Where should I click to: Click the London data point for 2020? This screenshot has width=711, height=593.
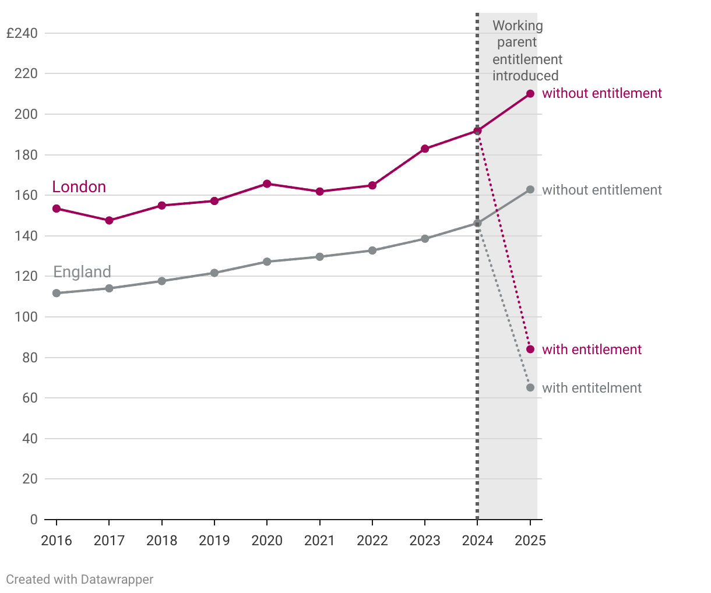click(267, 184)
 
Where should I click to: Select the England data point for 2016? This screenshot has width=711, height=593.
click(57, 293)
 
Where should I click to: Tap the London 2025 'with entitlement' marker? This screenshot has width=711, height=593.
click(530, 350)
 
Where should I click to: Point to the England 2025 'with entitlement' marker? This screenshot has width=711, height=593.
click(530, 388)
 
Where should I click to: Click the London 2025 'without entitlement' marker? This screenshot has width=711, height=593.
click(530, 94)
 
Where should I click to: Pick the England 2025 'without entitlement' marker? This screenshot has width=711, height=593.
click(530, 190)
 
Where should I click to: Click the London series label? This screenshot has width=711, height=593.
click(79, 187)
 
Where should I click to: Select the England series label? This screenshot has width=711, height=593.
click(82, 272)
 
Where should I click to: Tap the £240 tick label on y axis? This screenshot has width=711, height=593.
click(22, 33)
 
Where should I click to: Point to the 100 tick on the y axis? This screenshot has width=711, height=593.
click(26, 317)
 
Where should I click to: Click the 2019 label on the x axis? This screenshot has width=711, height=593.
click(214, 541)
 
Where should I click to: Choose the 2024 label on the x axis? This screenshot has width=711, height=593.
click(477, 541)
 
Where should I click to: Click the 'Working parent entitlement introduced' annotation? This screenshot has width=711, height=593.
click(526, 51)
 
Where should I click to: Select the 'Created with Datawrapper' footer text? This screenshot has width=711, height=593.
click(80, 580)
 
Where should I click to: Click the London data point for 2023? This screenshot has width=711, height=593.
click(425, 149)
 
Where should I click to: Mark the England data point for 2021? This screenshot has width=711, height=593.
click(319, 257)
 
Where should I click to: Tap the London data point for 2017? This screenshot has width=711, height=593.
click(109, 221)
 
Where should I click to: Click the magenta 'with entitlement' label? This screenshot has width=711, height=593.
click(592, 350)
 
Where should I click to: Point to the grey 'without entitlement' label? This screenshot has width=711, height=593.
click(602, 190)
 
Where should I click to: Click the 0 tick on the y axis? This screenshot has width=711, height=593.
click(34, 520)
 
